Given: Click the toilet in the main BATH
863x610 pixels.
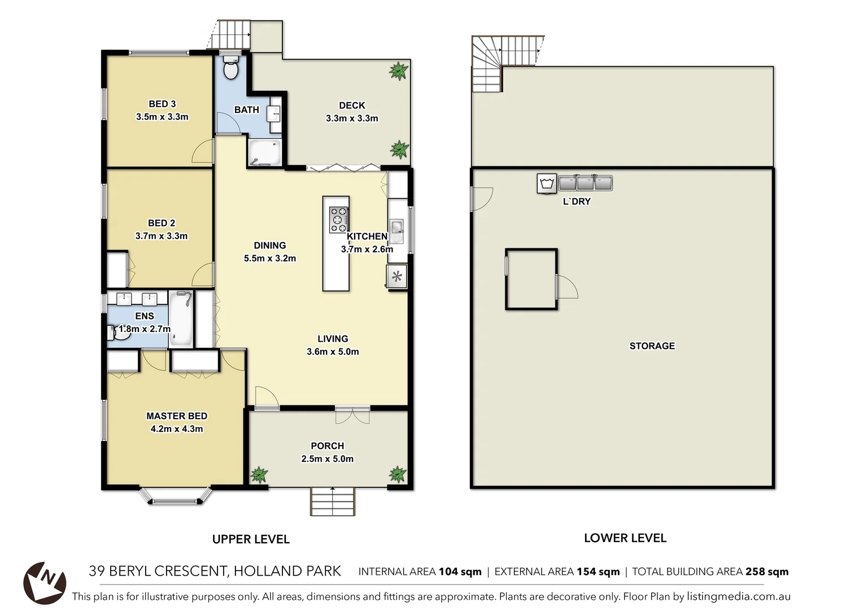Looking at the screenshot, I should click(230, 69).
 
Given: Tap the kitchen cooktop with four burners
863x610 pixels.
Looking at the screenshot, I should click(338, 220).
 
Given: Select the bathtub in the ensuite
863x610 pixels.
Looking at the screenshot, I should click(181, 319).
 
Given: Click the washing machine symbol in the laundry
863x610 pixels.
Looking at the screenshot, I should click(546, 184).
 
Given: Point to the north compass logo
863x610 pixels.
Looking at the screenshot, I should click(45, 583).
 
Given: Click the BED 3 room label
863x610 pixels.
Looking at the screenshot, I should click(162, 104).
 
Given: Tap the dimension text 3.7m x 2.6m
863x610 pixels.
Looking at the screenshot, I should click(367, 249).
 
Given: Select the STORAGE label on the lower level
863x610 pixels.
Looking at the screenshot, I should click(652, 346).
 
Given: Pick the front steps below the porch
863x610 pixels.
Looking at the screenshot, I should click(333, 501).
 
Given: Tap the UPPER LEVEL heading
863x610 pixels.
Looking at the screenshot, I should click(251, 539).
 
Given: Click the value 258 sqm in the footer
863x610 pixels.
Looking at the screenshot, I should click(766, 572).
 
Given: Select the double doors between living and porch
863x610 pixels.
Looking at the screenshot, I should click(352, 415).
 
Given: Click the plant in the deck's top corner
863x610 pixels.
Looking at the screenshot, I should click(398, 71).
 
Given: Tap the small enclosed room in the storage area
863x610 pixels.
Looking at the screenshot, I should click(531, 279).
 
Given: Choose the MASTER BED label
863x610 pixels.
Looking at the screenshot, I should click(177, 416).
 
